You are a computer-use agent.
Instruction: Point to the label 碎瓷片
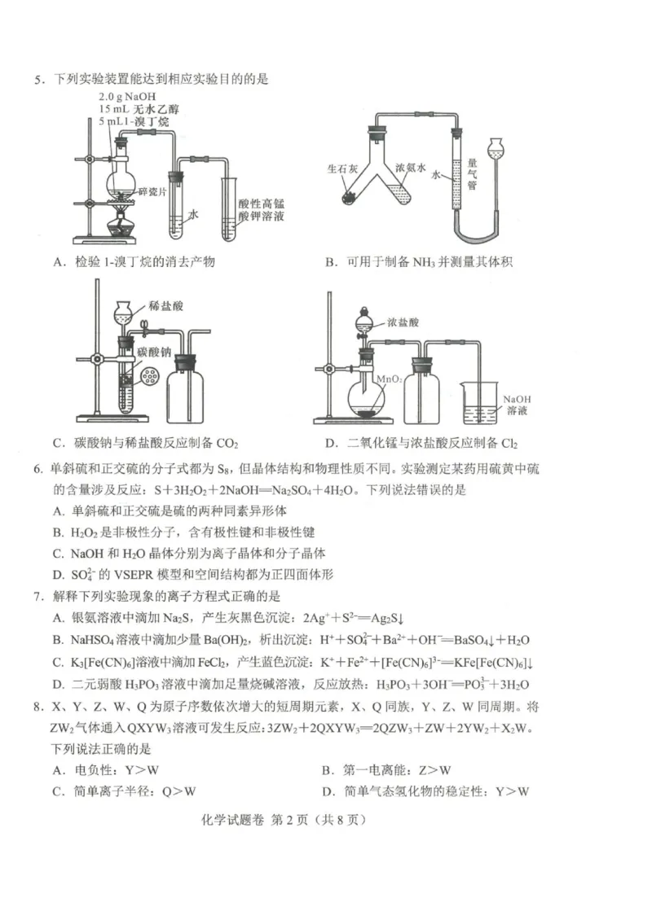tap(152, 192)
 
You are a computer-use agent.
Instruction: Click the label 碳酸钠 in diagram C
tap(153, 351)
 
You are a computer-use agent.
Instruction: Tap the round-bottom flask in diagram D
tap(368, 400)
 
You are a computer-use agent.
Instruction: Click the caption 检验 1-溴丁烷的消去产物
tap(144, 261)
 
